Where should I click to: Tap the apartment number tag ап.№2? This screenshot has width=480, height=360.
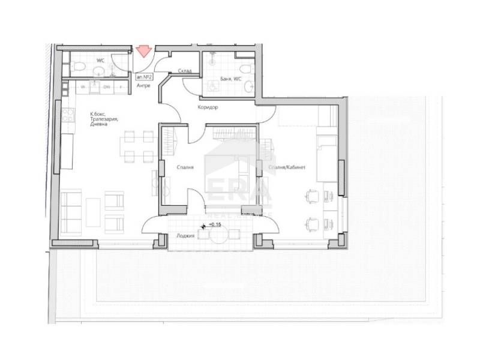coord(143,77)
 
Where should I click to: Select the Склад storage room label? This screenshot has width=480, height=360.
coord(185,71)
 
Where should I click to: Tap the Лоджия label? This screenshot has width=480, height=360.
coord(185,236)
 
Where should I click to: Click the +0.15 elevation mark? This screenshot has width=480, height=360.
coord(214,225)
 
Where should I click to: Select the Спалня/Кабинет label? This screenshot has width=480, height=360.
coord(287,168)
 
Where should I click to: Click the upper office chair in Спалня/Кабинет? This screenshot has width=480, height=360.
coord(312,196)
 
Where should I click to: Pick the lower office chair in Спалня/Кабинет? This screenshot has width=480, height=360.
coord(312,223)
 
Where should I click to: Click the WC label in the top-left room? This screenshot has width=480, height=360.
coord(100,61)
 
